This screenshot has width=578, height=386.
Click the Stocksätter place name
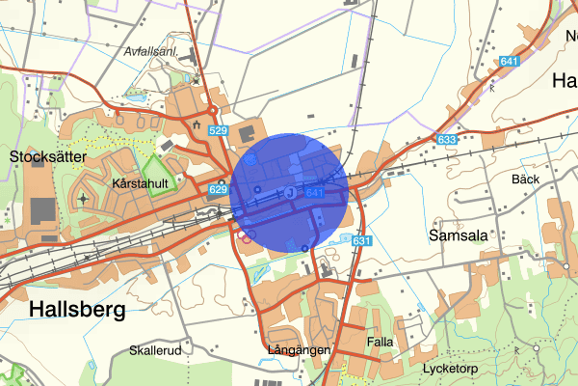pyautogui.click(x=48, y=155)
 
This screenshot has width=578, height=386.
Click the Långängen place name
pyautogui.click(x=300, y=349)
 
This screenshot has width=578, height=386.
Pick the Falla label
pyautogui.click(x=381, y=343)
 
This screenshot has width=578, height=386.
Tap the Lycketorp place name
pyautogui.click(x=451, y=370)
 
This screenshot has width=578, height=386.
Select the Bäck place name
pyautogui.click(x=526, y=179)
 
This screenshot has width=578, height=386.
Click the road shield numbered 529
pyautogui.click(x=217, y=130)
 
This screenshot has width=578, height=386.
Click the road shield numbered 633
pyautogui.click(x=446, y=140)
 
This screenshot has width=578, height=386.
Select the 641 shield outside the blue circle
pyautogui.click(x=510, y=62)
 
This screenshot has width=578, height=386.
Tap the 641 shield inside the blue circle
pyautogui.click(x=314, y=193)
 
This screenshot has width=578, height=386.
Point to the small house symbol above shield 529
pyautogui.click(x=197, y=125)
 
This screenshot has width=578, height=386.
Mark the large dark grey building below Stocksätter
pyautogui.click(x=42, y=209)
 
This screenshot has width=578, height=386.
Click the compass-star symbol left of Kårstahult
pyautogui.click(x=83, y=199)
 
